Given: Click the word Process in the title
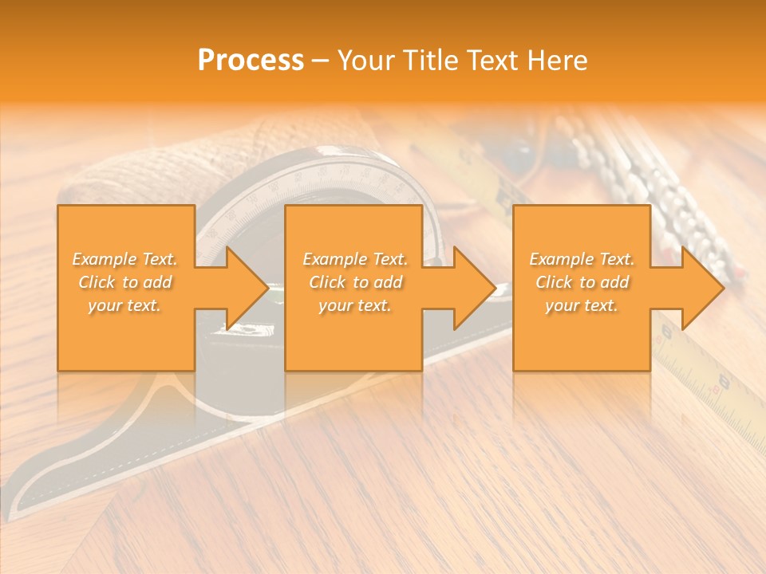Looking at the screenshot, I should [x=251, y=61].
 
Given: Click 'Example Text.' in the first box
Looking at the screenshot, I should [x=124, y=259].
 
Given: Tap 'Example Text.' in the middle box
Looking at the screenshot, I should [x=355, y=259].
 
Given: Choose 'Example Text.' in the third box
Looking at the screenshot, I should [x=582, y=259].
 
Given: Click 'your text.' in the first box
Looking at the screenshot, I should [x=124, y=305].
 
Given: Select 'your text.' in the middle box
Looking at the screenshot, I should [x=355, y=305].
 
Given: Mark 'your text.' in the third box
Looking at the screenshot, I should [x=582, y=305].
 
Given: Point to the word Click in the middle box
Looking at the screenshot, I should [x=327, y=282].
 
